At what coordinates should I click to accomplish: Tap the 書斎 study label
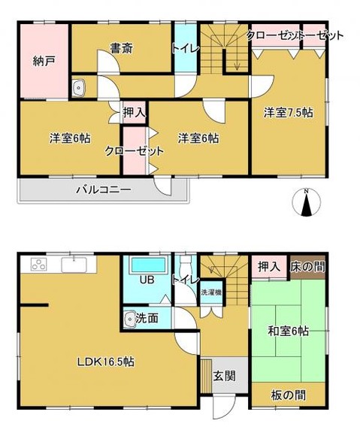(123, 49)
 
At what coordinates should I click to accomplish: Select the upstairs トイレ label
(184, 47)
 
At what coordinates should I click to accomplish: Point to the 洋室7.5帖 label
(288, 112)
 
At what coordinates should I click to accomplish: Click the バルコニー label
(103, 189)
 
